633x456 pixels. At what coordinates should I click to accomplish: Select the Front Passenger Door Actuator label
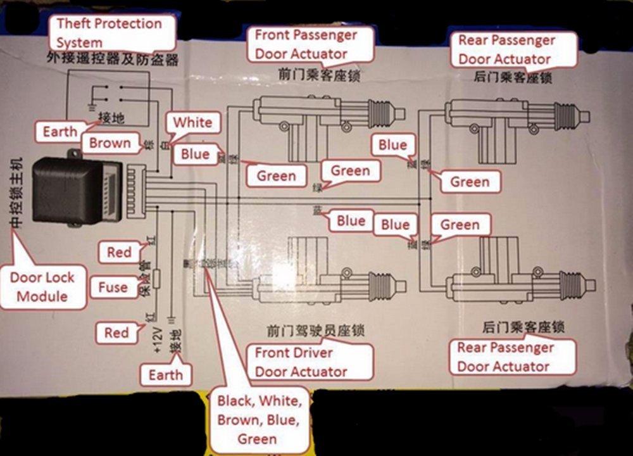[306, 44]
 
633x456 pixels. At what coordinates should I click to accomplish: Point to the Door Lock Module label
[42, 286]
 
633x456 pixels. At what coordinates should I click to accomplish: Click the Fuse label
[113, 288]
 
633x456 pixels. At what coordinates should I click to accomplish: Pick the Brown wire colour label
[110, 143]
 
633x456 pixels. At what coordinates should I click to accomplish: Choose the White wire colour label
[192, 122]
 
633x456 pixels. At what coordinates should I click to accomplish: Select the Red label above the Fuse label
[119, 253]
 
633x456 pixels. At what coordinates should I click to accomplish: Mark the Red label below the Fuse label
[116, 332]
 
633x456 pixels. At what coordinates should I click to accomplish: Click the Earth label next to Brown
[60, 132]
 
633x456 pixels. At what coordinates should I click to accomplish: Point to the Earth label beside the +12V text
[165, 375]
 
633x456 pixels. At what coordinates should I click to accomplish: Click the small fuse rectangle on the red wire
[157, 277]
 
